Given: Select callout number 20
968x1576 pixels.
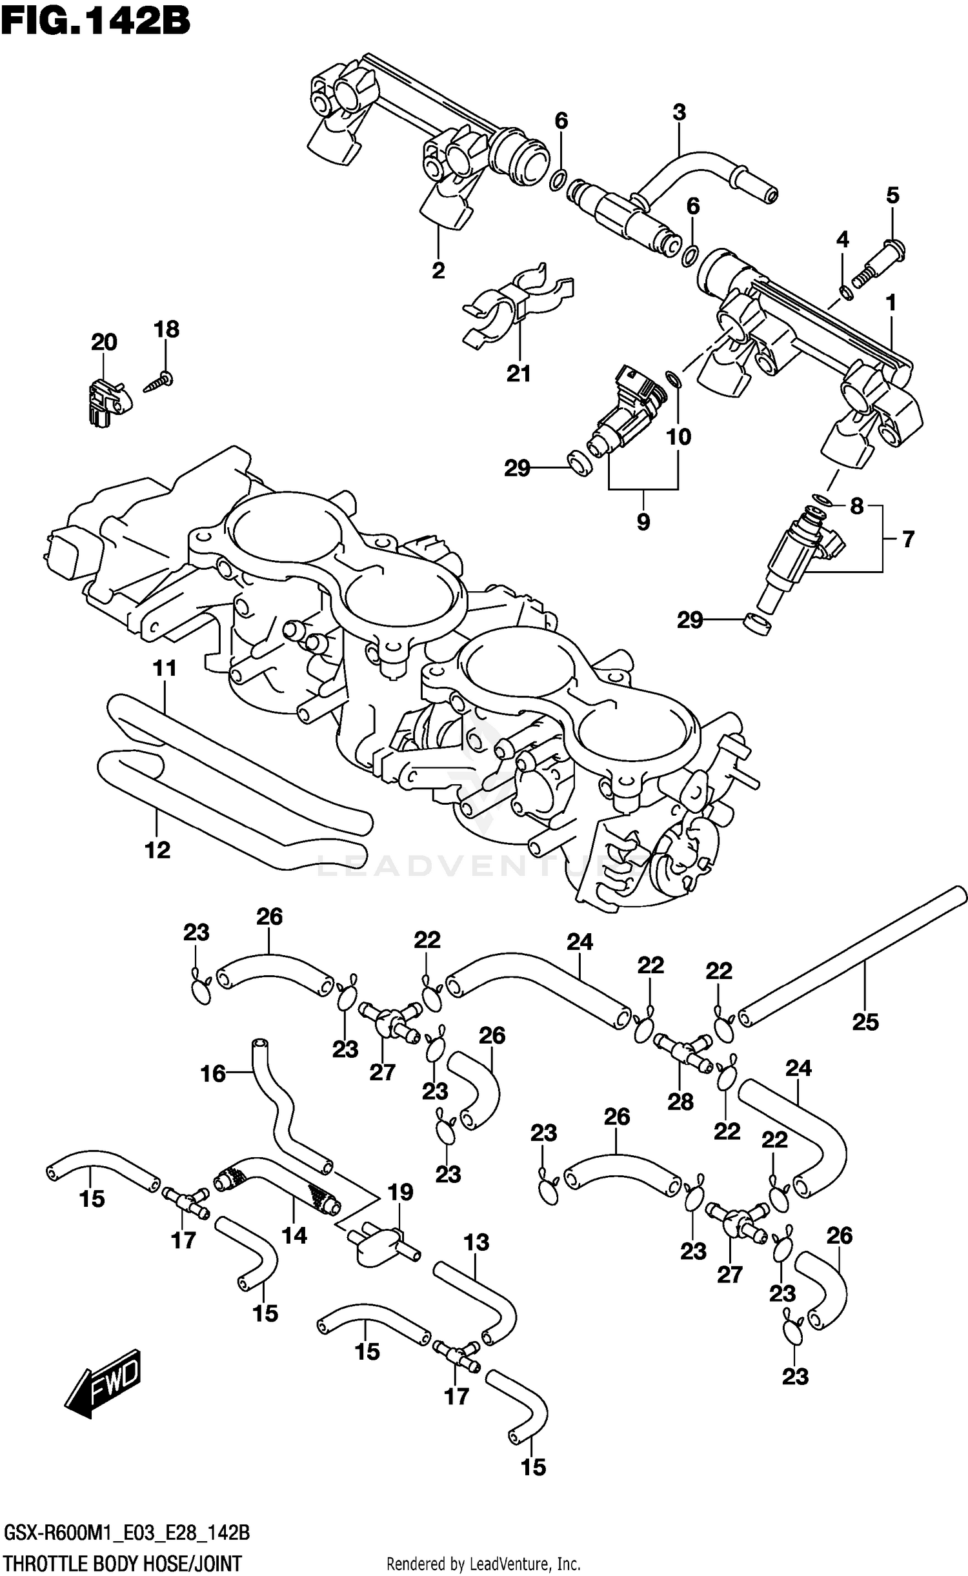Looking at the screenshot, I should point(104,342).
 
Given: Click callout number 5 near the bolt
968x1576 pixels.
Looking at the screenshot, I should point(892,196).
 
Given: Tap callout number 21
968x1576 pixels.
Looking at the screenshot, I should point(518,374).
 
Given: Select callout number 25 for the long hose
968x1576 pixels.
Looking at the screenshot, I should point(865,1022).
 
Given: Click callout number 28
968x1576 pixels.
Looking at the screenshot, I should point(680,1102).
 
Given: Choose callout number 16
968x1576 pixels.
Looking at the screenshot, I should point(213,1074).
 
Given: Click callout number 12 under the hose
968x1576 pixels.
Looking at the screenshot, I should point(157,850).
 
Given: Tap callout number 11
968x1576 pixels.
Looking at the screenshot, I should point(165,669).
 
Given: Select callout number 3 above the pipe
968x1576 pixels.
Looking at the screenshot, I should point(679,113).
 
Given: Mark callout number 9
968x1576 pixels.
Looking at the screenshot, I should point(643,521).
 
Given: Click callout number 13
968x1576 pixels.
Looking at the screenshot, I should point(476,1242).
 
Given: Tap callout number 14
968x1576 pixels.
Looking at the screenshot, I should point(294,1235).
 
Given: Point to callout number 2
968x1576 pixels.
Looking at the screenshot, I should point(438,270).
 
